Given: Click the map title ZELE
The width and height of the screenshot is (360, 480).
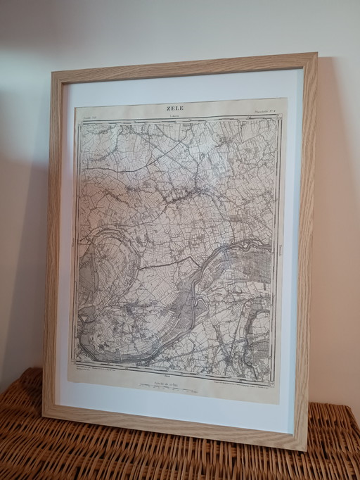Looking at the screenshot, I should (x=174, y=108).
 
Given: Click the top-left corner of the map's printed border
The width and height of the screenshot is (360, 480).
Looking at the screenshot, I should (x=79, y=122).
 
